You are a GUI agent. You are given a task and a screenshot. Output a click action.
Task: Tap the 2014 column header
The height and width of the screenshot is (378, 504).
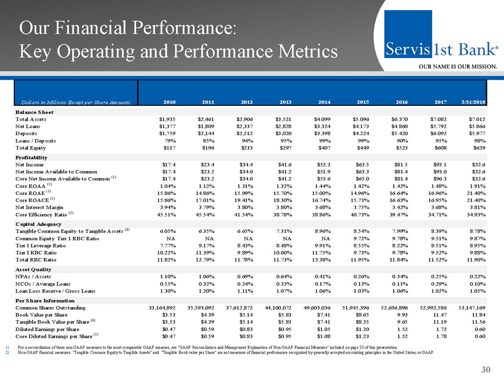[321, 102]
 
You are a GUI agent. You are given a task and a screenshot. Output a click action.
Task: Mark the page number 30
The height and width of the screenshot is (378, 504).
[486, 369]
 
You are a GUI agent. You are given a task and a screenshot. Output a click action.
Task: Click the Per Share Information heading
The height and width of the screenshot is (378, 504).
[44, 299]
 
